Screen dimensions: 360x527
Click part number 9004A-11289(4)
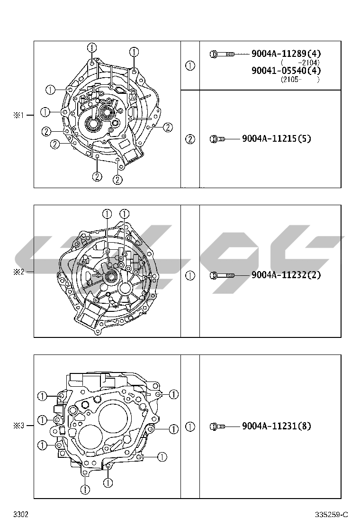(286, 54)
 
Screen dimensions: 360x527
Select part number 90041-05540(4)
(286, 71)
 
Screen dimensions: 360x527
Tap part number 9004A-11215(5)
(276, 138)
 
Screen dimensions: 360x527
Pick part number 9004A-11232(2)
(286, 275)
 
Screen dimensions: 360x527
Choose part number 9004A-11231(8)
(276, 426)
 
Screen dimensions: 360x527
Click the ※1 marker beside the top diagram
(19, 115)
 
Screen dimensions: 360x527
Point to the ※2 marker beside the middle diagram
(19, 272)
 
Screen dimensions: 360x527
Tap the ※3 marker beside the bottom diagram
(19, 426)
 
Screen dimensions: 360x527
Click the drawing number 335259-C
(332, 515)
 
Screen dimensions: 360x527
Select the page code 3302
(21, 515)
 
